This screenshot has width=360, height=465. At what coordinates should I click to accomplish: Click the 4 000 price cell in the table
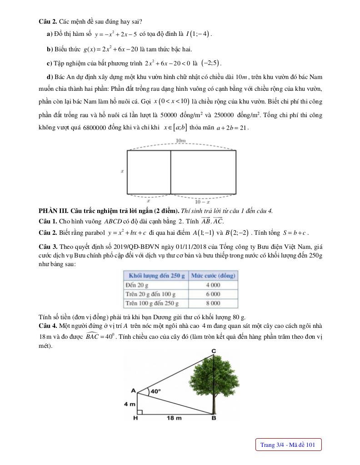point(213,285)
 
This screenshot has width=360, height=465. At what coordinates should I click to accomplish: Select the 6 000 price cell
point(213,294)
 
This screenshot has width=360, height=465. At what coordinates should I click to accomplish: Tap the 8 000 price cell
point(213,303)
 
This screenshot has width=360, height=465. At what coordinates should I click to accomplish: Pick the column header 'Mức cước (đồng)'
point(213,275)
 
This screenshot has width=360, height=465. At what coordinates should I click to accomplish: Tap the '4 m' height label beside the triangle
point(130,403)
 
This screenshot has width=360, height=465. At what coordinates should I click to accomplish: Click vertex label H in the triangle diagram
point(135,419)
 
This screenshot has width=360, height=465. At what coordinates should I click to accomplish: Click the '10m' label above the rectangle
point(181,141)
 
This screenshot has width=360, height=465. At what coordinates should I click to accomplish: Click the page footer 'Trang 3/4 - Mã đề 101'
point(288,445)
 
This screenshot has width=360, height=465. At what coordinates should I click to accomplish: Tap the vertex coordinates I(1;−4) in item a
point(199,34)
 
